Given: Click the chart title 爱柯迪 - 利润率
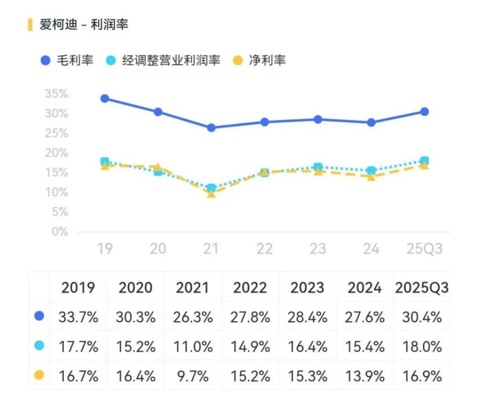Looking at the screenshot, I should (x=83, y=25).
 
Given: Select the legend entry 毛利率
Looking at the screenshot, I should (x=68, y=60).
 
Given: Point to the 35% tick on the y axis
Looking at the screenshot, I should (x=56, y=94).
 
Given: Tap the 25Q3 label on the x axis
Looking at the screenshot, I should (x=424, y=249).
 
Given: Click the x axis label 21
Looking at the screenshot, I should (x=211, y=249).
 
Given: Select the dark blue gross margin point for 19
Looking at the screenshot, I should (x=105, y=98).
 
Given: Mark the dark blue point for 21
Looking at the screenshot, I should (x=211, y=128).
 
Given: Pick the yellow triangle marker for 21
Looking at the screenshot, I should (x=211, y=193).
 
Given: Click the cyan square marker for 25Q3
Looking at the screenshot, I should (x=424, y=161).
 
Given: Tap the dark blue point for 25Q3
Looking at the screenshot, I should (x=424, y=111).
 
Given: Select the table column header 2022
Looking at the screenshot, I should (x=250, y=288).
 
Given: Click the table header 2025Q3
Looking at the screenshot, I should (x=422, y=288).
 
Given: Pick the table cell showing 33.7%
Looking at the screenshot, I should (x=78, y=317).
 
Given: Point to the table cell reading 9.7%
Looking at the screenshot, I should (x=193, y=376).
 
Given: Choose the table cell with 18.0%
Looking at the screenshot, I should (x=422, y=347).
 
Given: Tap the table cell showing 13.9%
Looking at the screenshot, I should (x=365, y=376).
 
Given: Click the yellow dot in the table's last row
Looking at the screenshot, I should (x=39, y=375).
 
